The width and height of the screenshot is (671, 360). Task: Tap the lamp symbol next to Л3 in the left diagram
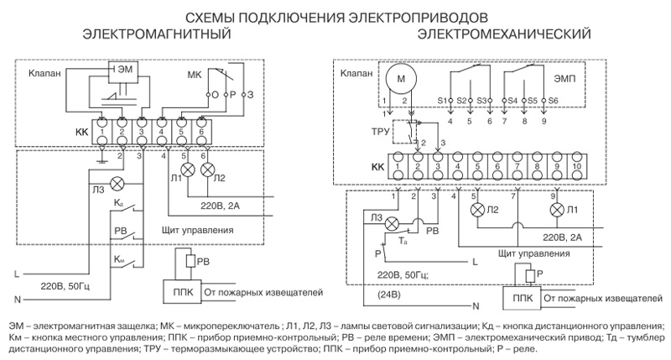[117, 185]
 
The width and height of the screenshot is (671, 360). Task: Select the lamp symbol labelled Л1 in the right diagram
[557, 210]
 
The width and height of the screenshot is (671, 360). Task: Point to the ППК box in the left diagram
[183, 292]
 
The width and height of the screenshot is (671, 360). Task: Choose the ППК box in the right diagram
[522, 298]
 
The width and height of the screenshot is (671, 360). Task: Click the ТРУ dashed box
[405, 132]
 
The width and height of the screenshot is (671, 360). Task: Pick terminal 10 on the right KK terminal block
[576, 165]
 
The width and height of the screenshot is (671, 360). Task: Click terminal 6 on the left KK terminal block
[201, 133]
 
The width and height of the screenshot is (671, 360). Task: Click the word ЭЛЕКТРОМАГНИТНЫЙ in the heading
[157, 34]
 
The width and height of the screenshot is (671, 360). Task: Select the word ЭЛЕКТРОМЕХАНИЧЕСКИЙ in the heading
[504, 34]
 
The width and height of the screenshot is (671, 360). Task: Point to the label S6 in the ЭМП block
[553, 101]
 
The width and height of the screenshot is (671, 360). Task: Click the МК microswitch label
[195, 75]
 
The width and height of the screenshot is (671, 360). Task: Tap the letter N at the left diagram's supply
[18, 300]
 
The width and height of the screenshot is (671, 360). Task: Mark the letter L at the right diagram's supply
[475, 262]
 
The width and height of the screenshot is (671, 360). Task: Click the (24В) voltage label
[389, 295]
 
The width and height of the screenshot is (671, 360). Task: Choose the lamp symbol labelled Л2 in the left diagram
[207, 170]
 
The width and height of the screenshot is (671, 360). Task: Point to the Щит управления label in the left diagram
[198, 230]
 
